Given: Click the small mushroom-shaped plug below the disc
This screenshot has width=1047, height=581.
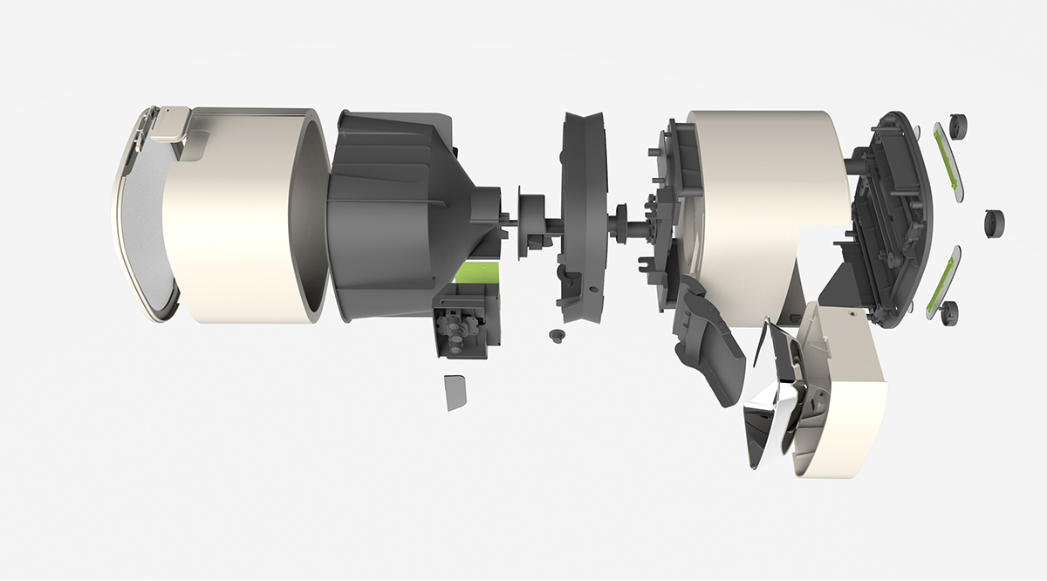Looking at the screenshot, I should (x=555, y=335).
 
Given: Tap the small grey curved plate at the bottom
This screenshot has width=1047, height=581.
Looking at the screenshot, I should (x=455, y=393).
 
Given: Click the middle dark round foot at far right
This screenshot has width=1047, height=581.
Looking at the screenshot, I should (x=994, y=223).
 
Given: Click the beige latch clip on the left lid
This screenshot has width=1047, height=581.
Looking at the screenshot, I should (x=169, y=124).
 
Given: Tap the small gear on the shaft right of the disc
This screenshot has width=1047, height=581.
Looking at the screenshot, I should (x=623, y=222).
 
